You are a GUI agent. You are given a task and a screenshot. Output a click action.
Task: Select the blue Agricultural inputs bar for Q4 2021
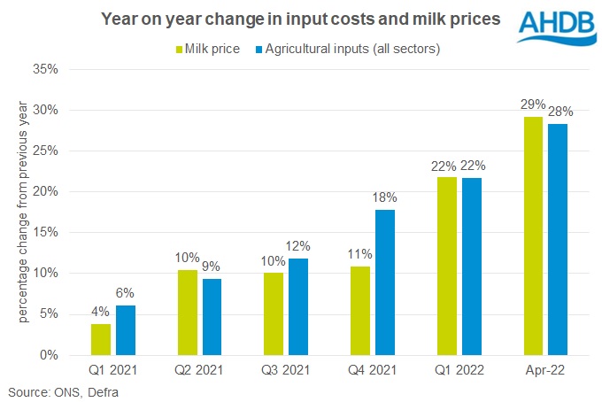tap(383, 282)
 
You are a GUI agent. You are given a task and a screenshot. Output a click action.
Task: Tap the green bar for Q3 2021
tap(275, 313)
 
